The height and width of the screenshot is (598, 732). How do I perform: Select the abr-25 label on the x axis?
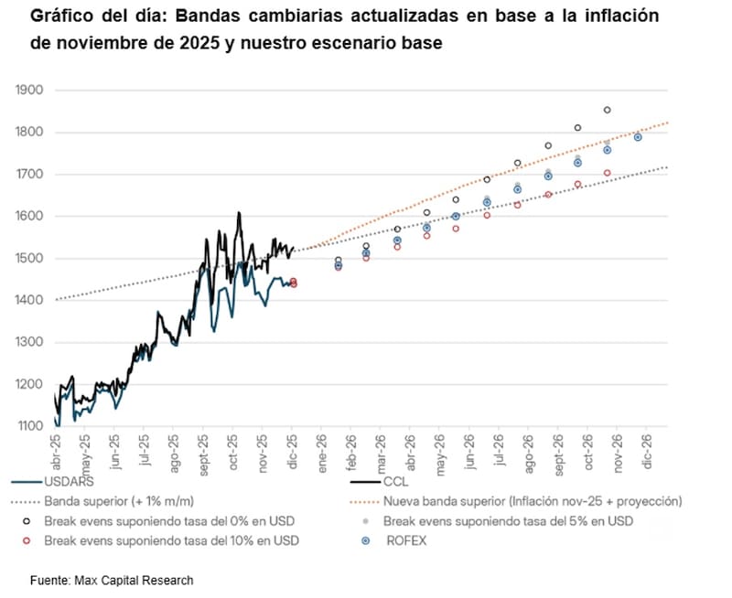click(x=58, y=450)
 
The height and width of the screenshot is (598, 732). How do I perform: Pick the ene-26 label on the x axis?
click(x=322, y=450)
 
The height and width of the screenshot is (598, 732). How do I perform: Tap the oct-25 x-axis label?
click(x=233, y=450)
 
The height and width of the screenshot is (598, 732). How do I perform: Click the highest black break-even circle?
click(x=607, y=110)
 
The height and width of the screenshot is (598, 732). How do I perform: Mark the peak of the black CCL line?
click(x=239, y=213)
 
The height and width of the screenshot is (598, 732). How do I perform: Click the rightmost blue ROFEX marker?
click(x=638, y=137)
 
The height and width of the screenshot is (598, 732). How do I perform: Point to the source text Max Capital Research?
click(x=137, y=581)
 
